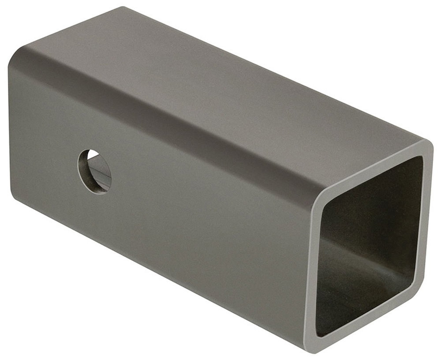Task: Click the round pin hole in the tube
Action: [94, 171]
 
